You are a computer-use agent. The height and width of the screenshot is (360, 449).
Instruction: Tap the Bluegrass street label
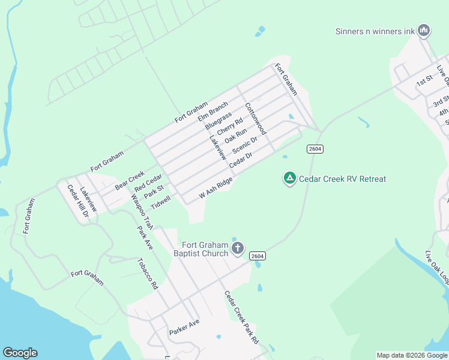(x=218, y=122)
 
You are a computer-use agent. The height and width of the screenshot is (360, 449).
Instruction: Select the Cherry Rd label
(x=230, y=126)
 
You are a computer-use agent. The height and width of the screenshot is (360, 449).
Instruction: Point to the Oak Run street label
(x=236, y=136)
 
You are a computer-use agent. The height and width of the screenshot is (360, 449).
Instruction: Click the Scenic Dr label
(x=244, y=145)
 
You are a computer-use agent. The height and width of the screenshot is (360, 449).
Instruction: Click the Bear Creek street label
(x=130, y=177)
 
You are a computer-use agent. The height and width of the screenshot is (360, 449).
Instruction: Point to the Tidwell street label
(x=160, y=202)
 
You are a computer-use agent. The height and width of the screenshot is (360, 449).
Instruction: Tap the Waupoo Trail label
(x=142, y=209)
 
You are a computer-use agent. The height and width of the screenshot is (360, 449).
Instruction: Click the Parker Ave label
(x=184, y=326)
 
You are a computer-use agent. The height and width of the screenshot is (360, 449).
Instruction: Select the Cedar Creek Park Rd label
(x=241, y=317)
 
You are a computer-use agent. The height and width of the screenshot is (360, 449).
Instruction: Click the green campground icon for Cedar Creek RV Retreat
(x=289, y=178)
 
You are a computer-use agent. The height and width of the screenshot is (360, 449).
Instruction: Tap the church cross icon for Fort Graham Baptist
(x=238, y=248)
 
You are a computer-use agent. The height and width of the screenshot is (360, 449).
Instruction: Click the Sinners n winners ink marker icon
(x=424, y=30)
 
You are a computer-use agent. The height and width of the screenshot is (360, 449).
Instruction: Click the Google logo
(x=20, y=353)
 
